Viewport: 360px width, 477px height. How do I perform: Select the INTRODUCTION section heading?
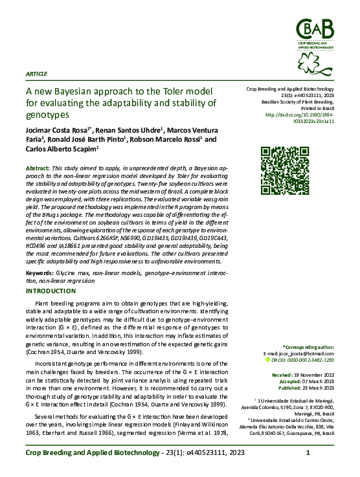coord(50,291)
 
